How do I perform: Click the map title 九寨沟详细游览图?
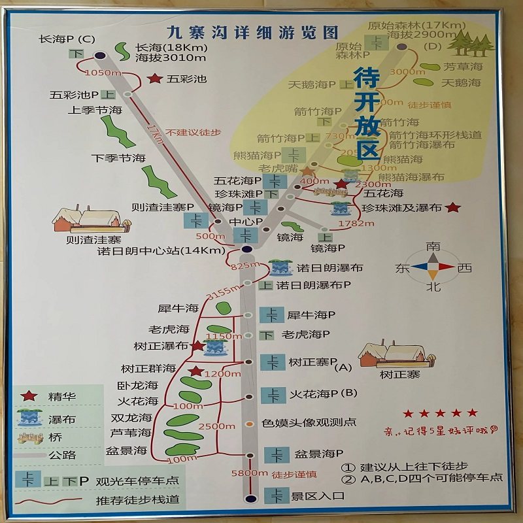(x=252, y=32)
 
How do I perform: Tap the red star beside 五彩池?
(x=155, y=78)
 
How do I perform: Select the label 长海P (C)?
(x=67, y=39)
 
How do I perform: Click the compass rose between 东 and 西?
(x=432, y=266)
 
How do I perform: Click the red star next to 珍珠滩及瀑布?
(x=452, y=208)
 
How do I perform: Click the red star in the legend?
(x=27, y=396)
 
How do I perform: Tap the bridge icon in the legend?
(x=27, y=437)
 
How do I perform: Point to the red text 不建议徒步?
(x=193, y=132)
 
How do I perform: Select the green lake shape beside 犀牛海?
(x=223, y=307)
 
